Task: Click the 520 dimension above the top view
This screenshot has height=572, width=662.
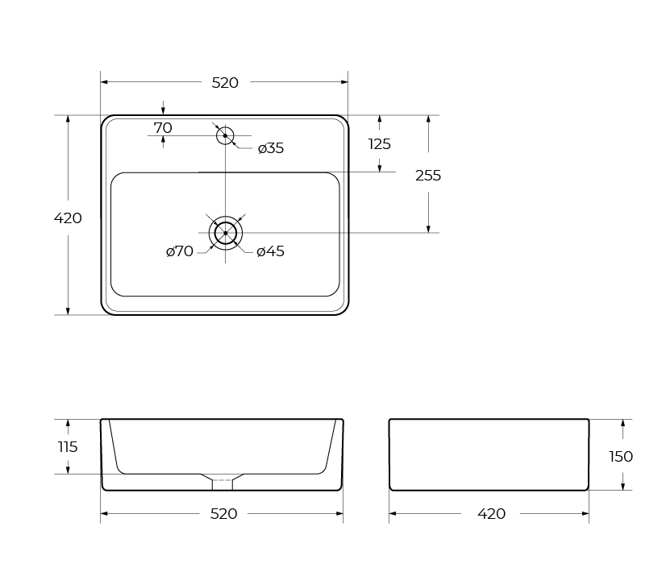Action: (x=225, y=83)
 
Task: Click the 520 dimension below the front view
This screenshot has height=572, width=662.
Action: (x=224, y=514)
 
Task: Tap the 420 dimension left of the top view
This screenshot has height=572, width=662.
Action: (x=68, y=218)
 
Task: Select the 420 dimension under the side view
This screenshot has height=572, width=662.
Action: (x=491, y=514)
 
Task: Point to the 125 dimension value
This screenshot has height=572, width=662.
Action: (x=380, y=144)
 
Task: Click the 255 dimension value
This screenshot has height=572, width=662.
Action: (x=428, y=176)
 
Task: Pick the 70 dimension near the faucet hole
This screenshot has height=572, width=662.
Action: (x=163, y=128)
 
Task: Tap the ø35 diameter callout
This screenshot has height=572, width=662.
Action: (x=271, y=148)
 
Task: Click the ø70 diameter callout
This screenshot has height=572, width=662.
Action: (x=180, y=251)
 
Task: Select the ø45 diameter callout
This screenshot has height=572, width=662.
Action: (x=271, y=251)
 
